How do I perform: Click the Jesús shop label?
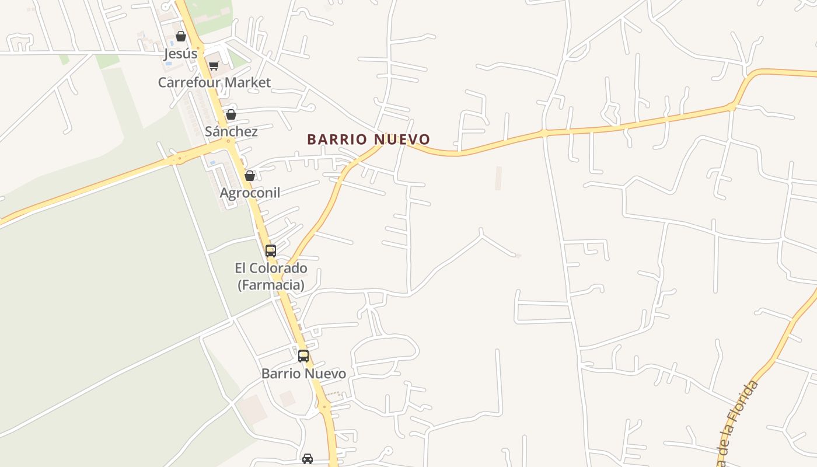(181, 54)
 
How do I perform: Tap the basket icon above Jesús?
(181, 36)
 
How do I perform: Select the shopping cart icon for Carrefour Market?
(214, 66)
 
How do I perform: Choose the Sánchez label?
(231, 131)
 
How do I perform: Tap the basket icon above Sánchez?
(231, 114)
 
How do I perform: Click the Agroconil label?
(250, 193)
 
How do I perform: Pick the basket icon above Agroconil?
(250, 176)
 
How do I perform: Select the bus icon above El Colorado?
(271, 251)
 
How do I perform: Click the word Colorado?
(280, 269)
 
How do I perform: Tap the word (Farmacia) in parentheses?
(271, 285)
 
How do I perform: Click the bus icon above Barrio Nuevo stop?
(303, 356)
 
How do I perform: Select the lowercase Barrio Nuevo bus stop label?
(303, 374)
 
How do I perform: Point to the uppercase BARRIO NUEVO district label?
(368, 140)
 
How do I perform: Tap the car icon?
(308, 458)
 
